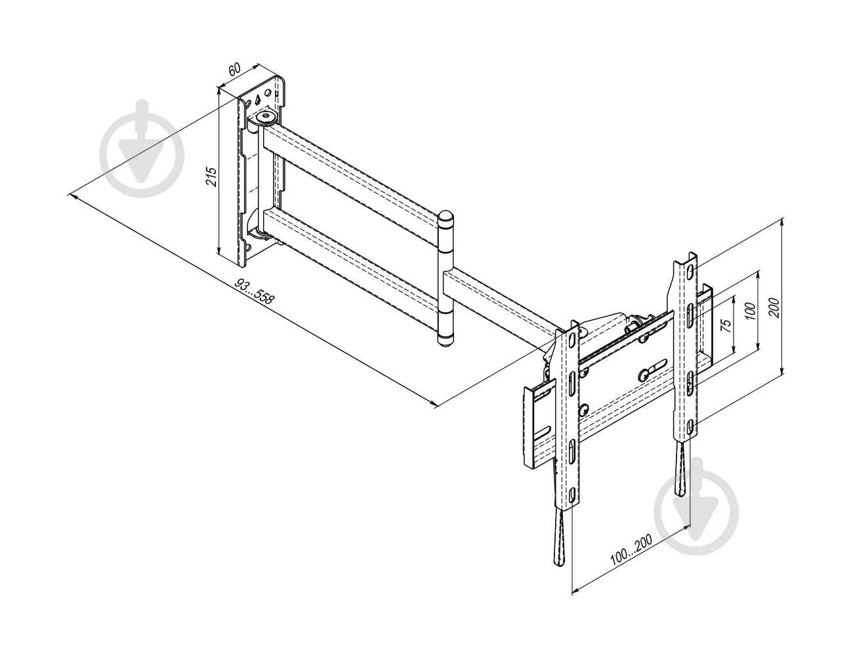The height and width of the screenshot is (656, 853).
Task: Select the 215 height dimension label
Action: click(211, 176)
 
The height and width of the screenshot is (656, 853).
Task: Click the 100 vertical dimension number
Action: click(750, 311)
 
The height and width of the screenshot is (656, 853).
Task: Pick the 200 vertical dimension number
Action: click(774, 308)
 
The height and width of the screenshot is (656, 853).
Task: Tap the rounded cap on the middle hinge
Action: click(446, 217)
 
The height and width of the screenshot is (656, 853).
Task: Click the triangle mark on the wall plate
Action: click(257, 100)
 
